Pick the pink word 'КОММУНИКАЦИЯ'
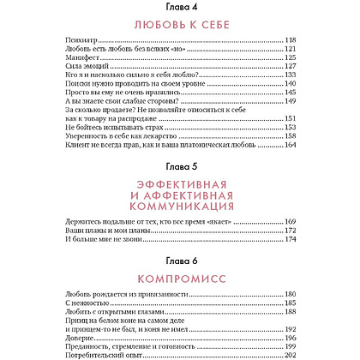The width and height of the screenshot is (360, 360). point(180,230)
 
